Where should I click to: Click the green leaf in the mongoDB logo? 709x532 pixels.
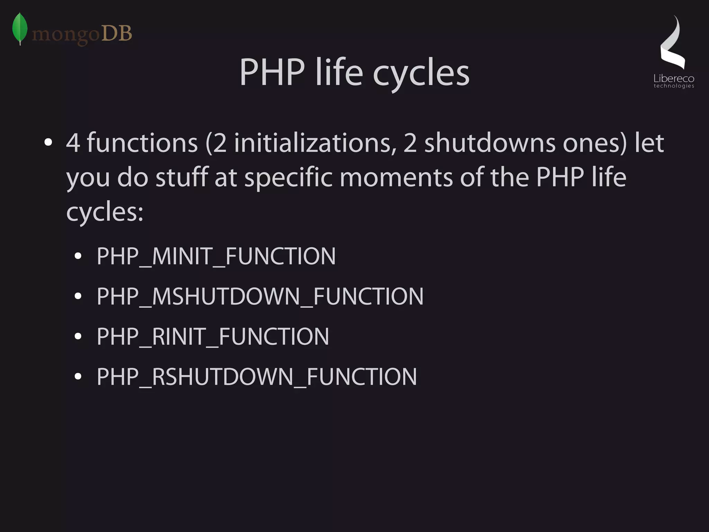coord(20,28)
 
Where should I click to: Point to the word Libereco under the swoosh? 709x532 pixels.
coord(674,79)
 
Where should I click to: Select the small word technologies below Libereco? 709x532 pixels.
coord(674,86)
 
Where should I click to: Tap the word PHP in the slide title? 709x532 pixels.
coord(272,73)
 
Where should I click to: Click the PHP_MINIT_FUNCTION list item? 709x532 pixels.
coord(216,256)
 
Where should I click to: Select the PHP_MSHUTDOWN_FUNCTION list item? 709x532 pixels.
coord(260,297)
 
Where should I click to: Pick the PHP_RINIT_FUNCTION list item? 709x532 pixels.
coord(213,336)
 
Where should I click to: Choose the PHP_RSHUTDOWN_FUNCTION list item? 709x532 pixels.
coord(257,377)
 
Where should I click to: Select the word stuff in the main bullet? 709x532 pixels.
coord(182,177)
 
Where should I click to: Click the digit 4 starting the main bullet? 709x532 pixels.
coord(73,143)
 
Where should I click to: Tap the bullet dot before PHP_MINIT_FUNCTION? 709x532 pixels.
coord(78,256)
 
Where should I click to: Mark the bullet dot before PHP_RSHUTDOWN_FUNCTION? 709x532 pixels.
coord(78,376)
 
